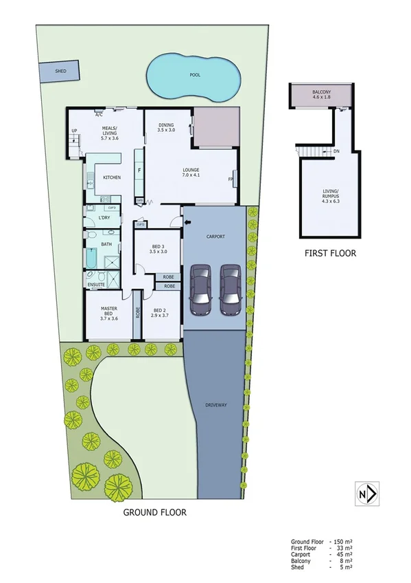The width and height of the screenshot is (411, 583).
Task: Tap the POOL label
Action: pyautogui.click(x=195, y=75)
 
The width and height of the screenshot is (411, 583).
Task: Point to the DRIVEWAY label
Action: pyautogui.click(x=215, y=405)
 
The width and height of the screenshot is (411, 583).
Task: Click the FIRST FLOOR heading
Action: pyautogui.click(x=330, y=253)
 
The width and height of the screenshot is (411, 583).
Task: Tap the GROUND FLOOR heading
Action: pyautogui.click(x=154, y=512)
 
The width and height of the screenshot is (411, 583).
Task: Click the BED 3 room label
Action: pyautogui.click(x=158, y=249)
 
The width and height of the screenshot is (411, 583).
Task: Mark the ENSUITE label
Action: pyautogui.click(x=95, y=283)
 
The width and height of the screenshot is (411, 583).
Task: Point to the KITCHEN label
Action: pyautogui.click(x=112, y=177)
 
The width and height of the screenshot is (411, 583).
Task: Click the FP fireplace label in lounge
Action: pyautogui.click(x=231, y=180)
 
